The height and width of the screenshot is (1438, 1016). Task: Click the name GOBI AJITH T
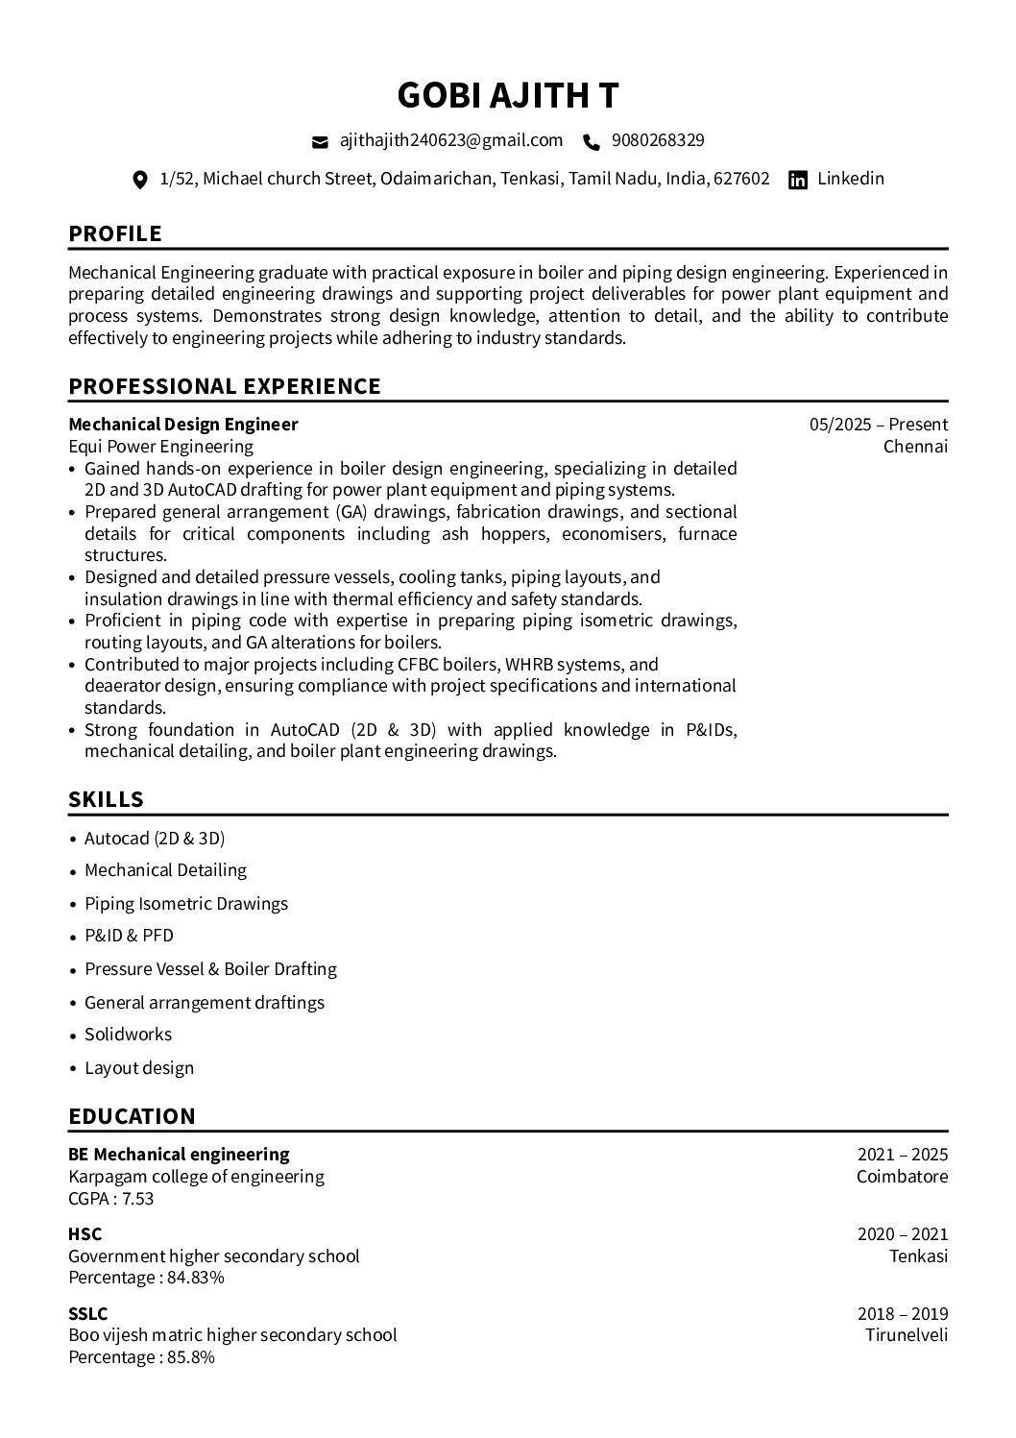point(508,95)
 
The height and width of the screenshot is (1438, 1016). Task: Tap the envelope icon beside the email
point(320,142)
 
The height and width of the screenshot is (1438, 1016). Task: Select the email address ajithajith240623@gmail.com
point(451,140)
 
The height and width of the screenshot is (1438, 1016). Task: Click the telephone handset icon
point(592,142)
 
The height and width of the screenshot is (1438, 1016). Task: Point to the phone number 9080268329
point(658,140)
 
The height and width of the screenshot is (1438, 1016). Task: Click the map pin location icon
point(140,180)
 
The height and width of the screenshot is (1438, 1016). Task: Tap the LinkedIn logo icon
point(797,180)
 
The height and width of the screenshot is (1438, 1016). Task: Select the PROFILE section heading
point(115,233)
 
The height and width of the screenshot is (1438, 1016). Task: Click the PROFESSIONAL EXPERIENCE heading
point(225,386)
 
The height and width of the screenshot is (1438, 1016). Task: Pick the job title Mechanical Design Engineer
point(183,425)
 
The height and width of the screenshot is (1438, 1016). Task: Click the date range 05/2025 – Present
point(878,425)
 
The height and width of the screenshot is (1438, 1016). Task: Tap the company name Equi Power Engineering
point(161,447)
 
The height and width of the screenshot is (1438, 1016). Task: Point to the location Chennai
point(915,447)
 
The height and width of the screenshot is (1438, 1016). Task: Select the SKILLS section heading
point(107,799)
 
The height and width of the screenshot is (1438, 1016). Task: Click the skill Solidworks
point(129,1035)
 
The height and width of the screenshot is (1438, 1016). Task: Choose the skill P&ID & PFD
point(129,936)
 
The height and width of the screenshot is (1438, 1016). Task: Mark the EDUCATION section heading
point(132,1116)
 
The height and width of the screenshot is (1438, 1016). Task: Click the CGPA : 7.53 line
point(111,1199)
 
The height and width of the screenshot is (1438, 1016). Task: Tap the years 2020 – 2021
point(903,1234)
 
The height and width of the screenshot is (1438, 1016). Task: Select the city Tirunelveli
point(907,1335)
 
